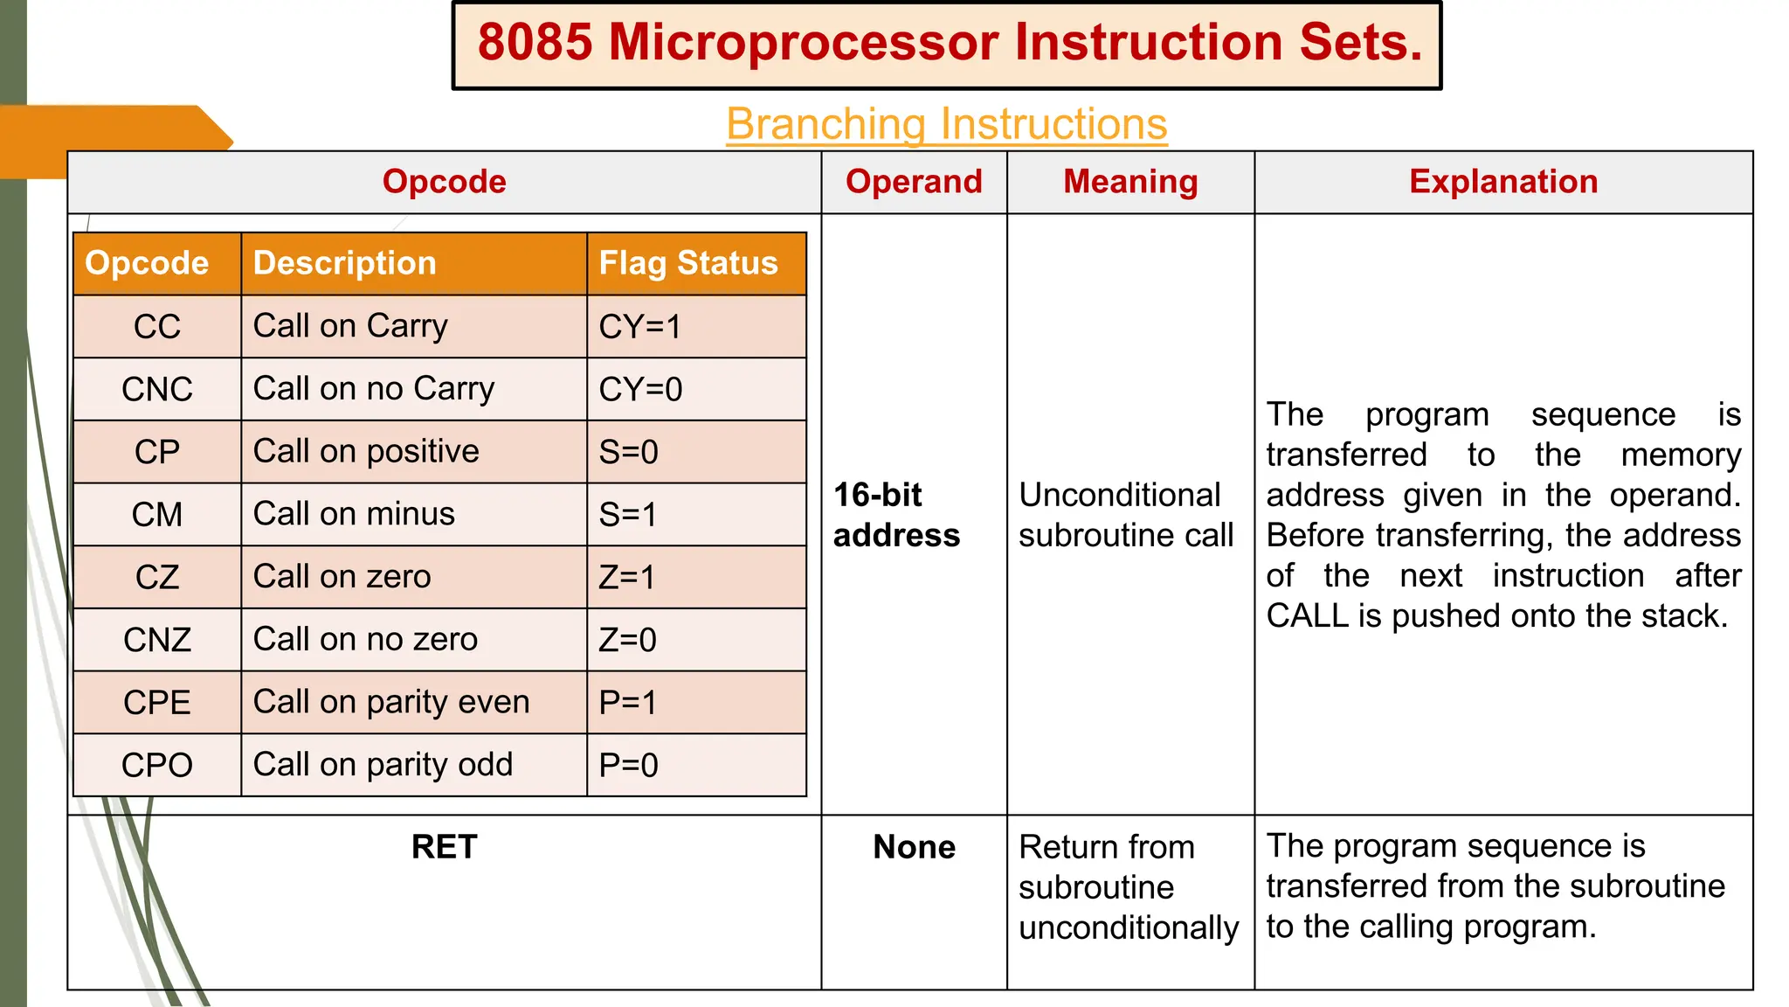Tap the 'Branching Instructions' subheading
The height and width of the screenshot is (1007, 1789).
pos(946,124)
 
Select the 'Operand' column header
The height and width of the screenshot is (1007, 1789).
pos(914,182)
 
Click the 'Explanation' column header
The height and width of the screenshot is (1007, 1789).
pos(1502,182)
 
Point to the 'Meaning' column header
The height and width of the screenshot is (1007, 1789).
pos(1130,182)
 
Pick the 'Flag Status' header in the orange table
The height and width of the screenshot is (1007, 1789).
pos(687,263)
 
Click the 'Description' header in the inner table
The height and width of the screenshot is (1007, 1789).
pos(344,263)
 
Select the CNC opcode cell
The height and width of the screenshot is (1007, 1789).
pos(157,389)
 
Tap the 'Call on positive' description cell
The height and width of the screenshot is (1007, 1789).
pos(366,452)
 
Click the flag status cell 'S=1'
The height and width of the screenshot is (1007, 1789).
pos(627,515)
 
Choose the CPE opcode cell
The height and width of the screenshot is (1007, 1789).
pos(157,703)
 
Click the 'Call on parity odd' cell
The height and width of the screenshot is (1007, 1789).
pos(383,765)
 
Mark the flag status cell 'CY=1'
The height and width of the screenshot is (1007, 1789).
pos(639,327)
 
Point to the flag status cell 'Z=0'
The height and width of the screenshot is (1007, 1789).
pos(627,640)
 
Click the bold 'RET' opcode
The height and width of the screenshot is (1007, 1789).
pos(444,847)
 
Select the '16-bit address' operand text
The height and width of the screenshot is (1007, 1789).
pos(896,515)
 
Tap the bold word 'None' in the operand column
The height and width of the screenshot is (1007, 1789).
pos(914,847)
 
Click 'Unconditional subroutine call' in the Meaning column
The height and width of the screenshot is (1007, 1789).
pos(1126,515)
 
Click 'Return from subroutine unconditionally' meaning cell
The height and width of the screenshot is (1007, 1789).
pos(1128,887)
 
